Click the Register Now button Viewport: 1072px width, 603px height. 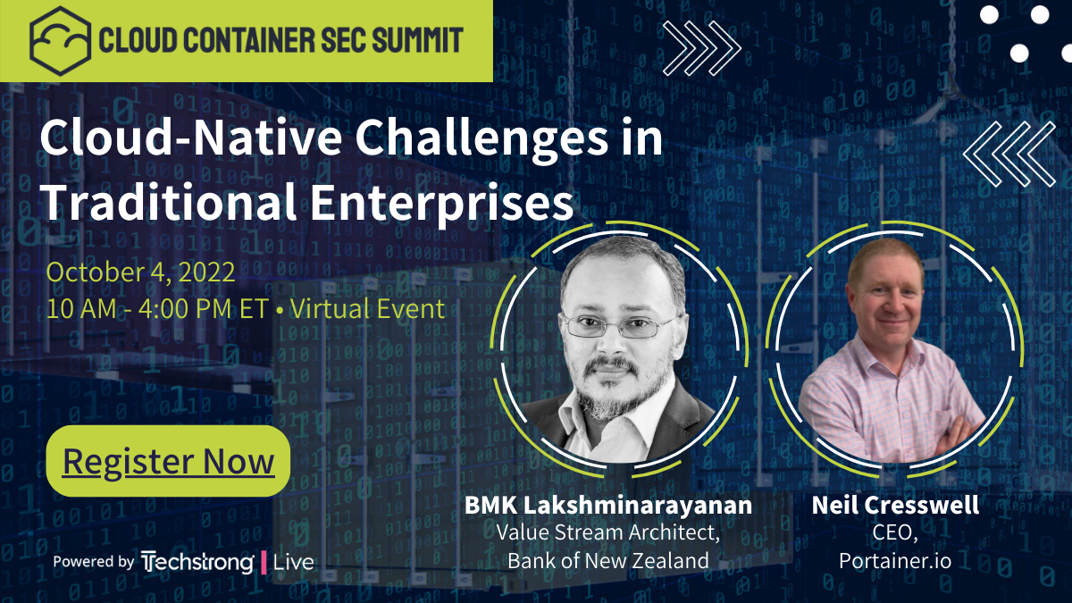point(168,461)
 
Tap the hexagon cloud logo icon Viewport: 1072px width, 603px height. point(60,39)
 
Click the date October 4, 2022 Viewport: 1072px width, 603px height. point(140,272)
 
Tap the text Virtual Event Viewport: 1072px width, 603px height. point(367,309)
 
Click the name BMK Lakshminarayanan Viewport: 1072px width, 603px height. point(607,506)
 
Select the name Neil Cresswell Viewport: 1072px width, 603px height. point(895,506)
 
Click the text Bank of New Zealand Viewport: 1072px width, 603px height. point(607,561)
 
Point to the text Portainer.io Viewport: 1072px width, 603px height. point(895,561)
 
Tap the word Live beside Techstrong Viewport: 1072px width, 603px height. point(293,562)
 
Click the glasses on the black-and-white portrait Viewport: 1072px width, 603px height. point(616,326)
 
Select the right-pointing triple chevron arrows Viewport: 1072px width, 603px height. point(702,46)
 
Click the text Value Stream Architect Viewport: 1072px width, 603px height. point(607,533)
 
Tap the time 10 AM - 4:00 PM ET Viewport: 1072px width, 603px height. point(157,309)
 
